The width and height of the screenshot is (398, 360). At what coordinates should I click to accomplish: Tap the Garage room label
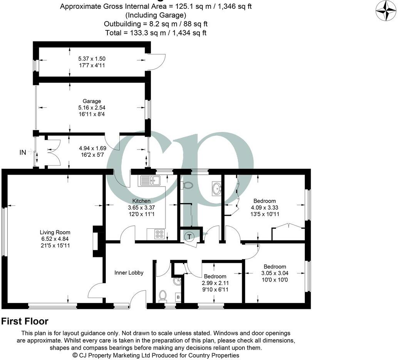pos(92,101)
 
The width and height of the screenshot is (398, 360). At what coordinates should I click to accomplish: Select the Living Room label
pos(55,232)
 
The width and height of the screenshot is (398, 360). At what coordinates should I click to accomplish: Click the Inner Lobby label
pos(129,273)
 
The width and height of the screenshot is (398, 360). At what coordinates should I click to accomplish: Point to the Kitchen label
pos(141,201)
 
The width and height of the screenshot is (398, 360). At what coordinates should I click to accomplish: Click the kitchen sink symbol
pos(151,180)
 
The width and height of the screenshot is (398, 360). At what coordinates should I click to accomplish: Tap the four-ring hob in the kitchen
pos(159,233)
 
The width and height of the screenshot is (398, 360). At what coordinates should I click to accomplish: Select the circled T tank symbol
pos(189,237)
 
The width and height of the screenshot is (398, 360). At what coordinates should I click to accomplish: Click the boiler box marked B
pos(178,297)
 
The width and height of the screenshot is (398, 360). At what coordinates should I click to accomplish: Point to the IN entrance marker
pos(23,152)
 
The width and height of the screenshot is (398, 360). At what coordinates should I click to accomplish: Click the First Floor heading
pos(25,322)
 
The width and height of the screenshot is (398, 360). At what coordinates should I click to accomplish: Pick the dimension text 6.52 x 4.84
pos(55,239)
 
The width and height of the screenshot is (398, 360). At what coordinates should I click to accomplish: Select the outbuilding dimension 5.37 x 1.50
pos(92,59)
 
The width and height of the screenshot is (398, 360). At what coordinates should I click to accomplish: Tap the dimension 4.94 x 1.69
pos(92,147)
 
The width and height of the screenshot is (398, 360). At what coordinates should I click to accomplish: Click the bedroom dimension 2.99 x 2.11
pos(215,283)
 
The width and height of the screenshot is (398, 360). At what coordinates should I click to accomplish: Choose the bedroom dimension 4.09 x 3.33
pos(264,207)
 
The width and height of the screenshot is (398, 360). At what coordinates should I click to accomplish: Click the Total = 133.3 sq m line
pos(156,33)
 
